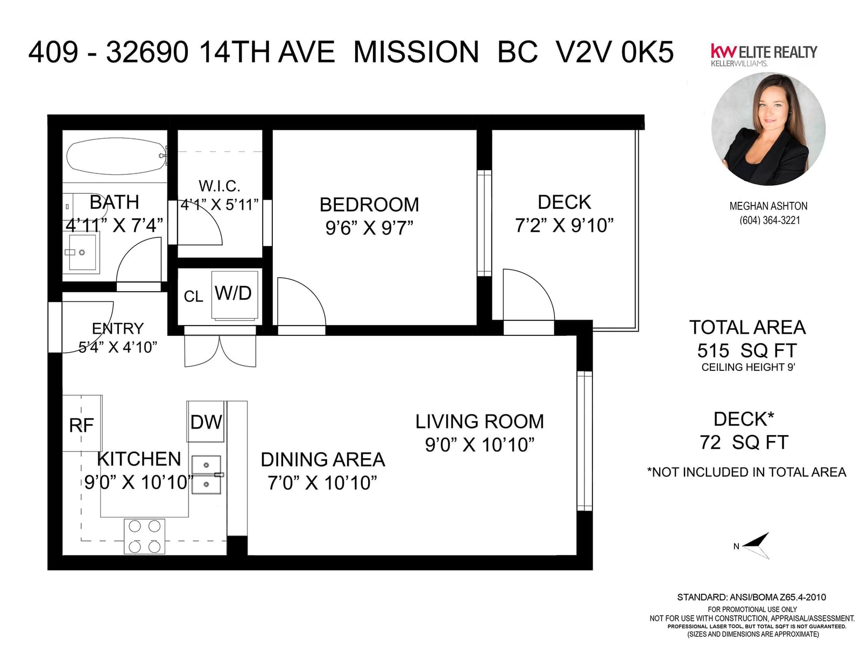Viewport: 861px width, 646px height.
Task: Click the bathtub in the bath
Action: point(116,156)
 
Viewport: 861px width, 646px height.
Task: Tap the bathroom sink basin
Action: point(82,252)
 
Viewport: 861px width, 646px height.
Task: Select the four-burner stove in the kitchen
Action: point(144,536)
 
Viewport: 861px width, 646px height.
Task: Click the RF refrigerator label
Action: point(82,425)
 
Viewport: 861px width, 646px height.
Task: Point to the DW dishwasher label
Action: point(206,423)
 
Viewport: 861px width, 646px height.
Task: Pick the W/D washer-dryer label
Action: point(233,293)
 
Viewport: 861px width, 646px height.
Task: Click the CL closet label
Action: point(193,297)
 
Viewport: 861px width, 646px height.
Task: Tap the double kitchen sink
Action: point(206,475)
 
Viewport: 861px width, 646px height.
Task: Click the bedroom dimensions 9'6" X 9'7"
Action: point(369,228)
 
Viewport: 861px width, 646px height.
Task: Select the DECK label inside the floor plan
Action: point(564,202)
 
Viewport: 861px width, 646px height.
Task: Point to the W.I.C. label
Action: point(219,186)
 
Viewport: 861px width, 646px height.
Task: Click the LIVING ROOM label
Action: point(479,422)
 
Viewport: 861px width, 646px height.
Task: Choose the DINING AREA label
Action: point(323,460)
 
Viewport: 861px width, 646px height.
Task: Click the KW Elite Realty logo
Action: point(764,55)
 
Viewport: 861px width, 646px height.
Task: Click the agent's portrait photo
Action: point(768,129)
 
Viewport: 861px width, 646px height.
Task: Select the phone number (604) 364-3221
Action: point(770,220)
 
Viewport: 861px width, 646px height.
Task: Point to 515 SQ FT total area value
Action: point(747,350)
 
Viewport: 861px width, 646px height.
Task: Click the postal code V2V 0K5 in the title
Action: point(615,52)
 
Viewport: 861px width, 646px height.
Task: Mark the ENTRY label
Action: point(118,328)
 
